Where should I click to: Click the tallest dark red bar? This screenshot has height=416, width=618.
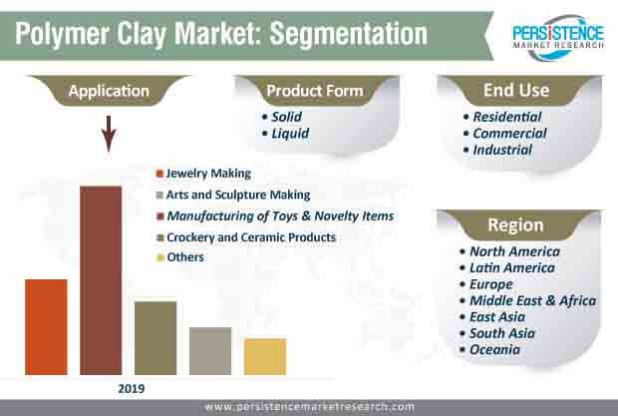pyautogui.click(x=101, y=280)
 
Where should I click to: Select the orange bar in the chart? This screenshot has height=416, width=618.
pyautogui.click(x=46, y=327)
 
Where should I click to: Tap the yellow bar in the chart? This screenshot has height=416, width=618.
pyautogui.click(x=265, y=356)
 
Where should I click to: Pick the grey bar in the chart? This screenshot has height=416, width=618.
pyautogui.click(x=210, y=351)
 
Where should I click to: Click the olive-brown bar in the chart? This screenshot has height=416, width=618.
pyautogui.click(x=155, y=338)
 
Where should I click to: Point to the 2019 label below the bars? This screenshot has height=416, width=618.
pyautogui.click(x=132, y=389)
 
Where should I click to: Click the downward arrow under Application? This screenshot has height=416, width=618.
pyautogui.click(x=109, y=134)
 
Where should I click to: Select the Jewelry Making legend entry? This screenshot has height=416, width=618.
pyautogui.click(x=203, y=174)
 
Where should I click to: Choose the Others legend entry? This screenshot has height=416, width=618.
pyautogui.click(x=180, y=257)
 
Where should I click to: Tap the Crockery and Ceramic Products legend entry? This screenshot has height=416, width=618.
pyautogui.click(x=246, y=237)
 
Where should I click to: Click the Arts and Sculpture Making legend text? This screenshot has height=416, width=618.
pyautogui.click(x=238, y=195)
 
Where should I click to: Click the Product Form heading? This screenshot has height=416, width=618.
pyautogui.click(x=315, y=91)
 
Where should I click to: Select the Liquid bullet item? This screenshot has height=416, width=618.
pyautogui.click(x=286, y=134)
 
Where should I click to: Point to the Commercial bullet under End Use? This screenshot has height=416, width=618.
pyautogui.click(x=505, y=134)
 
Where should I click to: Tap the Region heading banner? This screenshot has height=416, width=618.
pyautogui.click(x=516, y=224)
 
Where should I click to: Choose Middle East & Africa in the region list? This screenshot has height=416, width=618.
pyautogui.click(x=528, y=301)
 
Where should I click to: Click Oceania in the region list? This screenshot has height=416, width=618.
pyautogui.click(x=489, y=350)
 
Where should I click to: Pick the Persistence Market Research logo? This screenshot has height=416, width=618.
pyautogui.click(x=558, y=37)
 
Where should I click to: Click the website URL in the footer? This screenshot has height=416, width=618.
pyautogui.click(x=309, y=407)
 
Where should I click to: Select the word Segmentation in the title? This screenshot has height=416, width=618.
pyautogui.click(x=349, y=34)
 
